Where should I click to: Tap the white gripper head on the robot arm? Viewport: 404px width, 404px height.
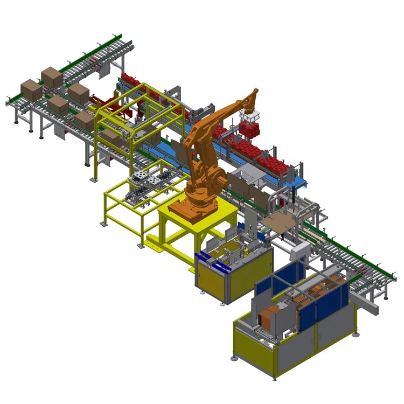249,116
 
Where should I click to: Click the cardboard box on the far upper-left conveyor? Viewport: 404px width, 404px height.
52,77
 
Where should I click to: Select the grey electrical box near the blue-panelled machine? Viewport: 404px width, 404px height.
300,252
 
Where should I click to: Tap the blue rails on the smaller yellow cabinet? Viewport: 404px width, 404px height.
213,260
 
